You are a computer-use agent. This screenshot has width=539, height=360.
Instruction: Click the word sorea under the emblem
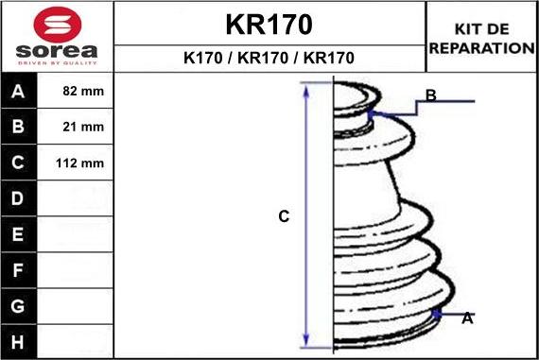pyautogui.click(x=57, y=50)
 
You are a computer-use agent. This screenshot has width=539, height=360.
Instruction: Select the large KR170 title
pyautogui.click(x=269, y=24)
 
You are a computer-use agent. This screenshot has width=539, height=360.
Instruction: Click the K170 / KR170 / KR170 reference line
pyautogui.click(x=269, y=58)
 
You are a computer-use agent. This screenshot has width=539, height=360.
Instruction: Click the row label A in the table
pyautogui.click(x=18, y=93)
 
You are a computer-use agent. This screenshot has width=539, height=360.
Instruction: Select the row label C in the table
pyautogui.click(x=18, y=163)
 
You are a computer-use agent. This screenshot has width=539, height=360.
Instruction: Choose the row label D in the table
pyautogui.click(x=18, y=199)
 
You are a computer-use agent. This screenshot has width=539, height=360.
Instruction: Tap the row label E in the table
pyautogui.click(x=18, y=234)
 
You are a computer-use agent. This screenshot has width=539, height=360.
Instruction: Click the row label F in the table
pyautogui.click(x=18, y=270)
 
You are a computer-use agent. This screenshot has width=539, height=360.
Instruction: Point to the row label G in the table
pyautogui.click(x=18, y=306)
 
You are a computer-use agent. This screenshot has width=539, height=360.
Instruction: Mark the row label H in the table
pyautogui.click(x=18, y=341)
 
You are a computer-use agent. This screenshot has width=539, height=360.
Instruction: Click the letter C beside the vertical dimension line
pyautogui.click(x=284, y=216)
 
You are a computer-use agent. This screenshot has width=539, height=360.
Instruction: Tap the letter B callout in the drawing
pyautogui.click(x=430, y=95)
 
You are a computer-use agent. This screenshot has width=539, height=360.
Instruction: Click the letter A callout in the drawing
pyautogui.click(x=467, y=319)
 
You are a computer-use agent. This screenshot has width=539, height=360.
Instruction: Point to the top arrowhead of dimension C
pyautogui.click(x=305, y=87)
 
